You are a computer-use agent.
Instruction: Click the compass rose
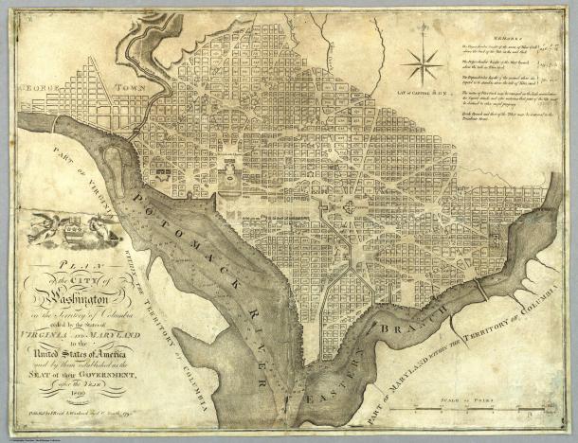[x=422, y=65]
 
